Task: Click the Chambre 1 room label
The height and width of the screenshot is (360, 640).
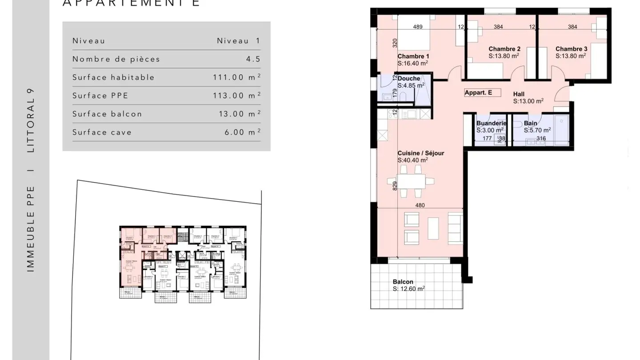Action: coord(413,56)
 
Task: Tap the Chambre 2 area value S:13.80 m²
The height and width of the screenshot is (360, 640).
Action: coord(504,56)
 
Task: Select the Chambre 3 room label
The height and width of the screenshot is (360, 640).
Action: coord(571,49)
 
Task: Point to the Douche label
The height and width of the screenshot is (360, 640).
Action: coord(408,79)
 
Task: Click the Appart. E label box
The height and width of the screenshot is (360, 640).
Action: coord(482,93)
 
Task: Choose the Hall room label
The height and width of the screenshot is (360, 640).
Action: coord(519,94)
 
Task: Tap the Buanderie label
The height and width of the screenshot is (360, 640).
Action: coord(491,123)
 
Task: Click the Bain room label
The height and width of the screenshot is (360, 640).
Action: coord(530,123)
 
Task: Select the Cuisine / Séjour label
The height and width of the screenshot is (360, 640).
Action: coord(420,153)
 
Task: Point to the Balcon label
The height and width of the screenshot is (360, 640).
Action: coord(403,282)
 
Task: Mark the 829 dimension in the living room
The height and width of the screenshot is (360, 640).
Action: coord(394,185)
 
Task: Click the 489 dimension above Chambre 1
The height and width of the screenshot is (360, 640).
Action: coord(418,27)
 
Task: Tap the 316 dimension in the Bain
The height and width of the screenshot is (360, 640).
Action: coord(541,139)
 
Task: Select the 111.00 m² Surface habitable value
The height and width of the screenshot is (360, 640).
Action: coord(236,77)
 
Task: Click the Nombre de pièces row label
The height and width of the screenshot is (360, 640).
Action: coord(116,59)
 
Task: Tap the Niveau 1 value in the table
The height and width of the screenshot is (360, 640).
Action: coord(238,41)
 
